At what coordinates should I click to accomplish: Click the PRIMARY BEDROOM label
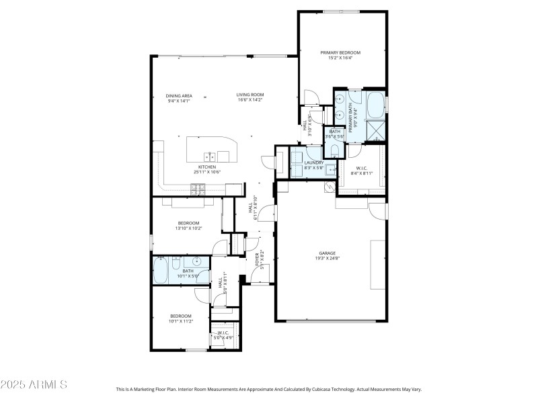click(x=340, y=52)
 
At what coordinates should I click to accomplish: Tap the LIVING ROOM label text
click(x=249, y=95)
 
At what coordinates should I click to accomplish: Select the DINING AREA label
click(x=179, y=95)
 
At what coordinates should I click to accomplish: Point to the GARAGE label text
click(x=328, y=253)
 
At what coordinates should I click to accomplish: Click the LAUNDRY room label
click(x=314, y=163)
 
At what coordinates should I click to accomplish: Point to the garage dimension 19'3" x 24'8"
click(x=328, y=259)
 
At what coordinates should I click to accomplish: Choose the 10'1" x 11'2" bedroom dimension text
click(x=180, y=321)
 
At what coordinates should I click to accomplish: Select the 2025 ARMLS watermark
click(x=34, y=385)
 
